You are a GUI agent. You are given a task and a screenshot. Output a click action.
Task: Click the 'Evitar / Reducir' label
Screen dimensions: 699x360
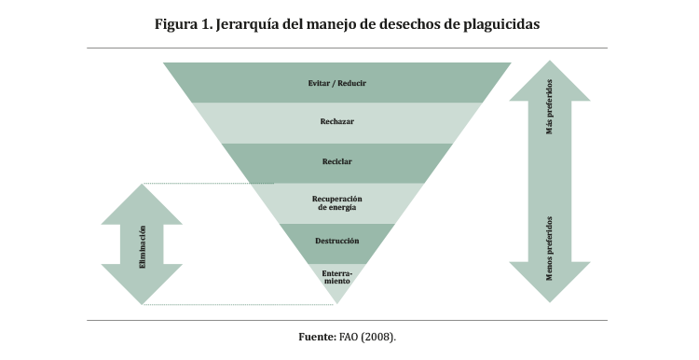click(x=337, y=83)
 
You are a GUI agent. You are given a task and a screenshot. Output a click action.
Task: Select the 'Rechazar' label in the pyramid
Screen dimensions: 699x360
click(x=337, y=121)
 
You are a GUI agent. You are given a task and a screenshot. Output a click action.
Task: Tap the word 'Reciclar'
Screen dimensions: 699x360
click(x=337, y=161)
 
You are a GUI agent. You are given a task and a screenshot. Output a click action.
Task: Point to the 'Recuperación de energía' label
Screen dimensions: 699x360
click(x=337, y=203)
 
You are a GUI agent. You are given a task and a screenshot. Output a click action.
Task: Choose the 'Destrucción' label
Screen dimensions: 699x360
click(x=337, y=241)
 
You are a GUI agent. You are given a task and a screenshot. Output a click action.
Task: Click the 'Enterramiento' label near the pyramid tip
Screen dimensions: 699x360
click(x=337, y=277)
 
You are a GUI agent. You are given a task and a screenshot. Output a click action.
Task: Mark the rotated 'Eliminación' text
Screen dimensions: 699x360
click(x=143, y=247)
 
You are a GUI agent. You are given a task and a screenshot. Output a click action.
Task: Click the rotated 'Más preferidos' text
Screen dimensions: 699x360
click(x=550, y=106)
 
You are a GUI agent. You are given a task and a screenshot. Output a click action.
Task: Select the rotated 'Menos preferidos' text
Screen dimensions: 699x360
click(x=550, y=248)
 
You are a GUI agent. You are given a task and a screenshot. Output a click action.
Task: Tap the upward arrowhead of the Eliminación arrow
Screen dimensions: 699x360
click(x=142, y=204)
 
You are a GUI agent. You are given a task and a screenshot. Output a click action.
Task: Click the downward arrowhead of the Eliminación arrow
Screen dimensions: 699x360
click(x=142, y=284)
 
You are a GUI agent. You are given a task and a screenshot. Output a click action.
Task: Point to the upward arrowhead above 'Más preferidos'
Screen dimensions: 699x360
click(x=550, y=81)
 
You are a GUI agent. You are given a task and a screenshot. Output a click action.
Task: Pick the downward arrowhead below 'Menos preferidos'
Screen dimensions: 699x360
click(x=550, y=282)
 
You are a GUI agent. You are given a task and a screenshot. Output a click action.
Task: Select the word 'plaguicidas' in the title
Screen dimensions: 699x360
click(x=501, y=24)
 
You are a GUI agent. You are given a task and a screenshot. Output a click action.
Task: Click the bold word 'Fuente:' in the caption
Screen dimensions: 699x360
click(x=318, y=337)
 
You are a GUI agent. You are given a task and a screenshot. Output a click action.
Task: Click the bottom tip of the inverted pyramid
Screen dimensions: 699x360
click(x=337, y=304)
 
